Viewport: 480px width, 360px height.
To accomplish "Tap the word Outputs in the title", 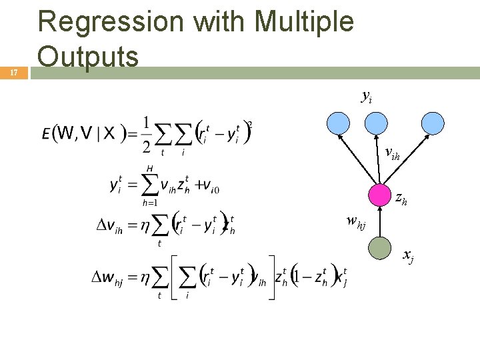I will point(88,55).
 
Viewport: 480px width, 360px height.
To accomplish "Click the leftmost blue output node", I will point(338,122).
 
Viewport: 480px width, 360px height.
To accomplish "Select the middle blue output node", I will point(377,122).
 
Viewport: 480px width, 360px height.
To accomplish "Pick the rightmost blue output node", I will point(433,122).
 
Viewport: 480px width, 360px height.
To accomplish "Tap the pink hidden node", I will point(379,195).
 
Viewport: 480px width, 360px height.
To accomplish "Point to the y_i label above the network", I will point(366,97).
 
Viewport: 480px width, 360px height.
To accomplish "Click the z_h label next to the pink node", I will point(402,198).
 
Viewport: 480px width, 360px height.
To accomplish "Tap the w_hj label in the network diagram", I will point(356,221).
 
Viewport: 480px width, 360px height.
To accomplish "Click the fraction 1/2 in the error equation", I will point(146,134).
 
